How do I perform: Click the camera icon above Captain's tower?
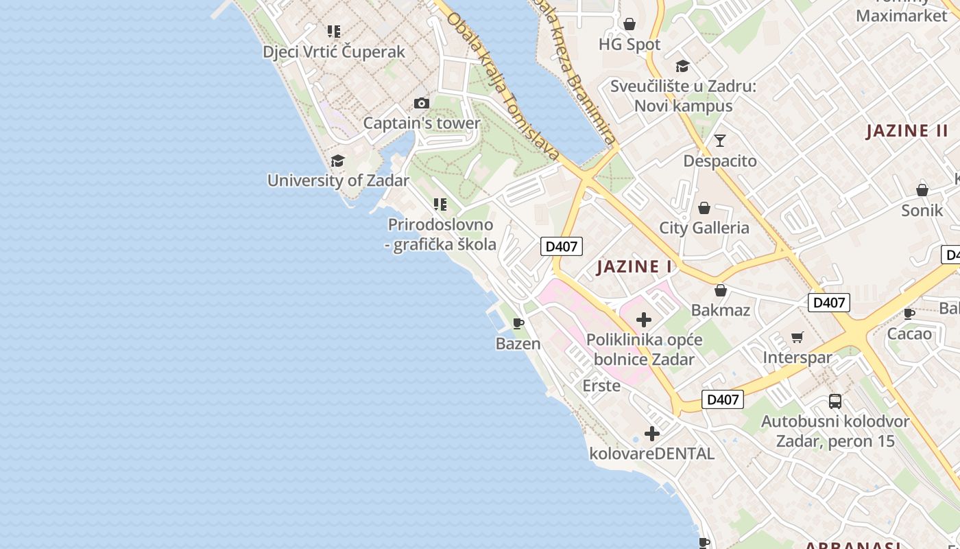(421, 104)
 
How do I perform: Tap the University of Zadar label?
(338, 180)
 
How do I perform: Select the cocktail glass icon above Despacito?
(719, 141)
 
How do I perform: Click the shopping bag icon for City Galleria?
(704, 208)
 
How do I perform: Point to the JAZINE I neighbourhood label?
(634, 266)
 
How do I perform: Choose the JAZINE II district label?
(907, 130)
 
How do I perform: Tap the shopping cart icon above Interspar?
(797, 337)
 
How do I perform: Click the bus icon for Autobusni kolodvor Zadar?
(835, 401)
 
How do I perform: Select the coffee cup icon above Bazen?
(518, 323)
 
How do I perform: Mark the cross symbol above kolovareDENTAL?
(651, 434)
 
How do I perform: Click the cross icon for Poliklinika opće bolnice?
(643, 320)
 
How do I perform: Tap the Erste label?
(601, 386)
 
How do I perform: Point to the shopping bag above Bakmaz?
(720, 290)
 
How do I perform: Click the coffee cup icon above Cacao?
(909, 314)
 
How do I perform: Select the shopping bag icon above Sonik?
(922, 190)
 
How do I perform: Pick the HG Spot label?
(629, 45)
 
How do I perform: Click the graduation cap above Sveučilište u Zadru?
(682, 66)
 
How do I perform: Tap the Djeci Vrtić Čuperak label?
(334, 51)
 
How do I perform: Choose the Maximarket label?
(902, 15)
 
